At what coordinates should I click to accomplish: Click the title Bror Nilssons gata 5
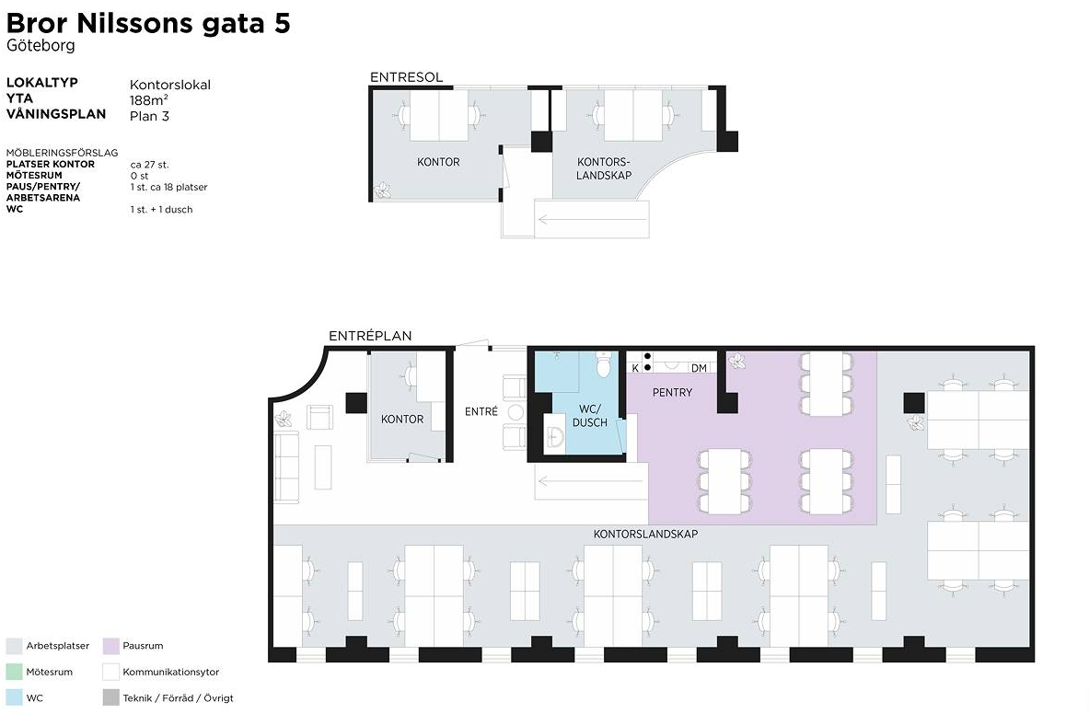[148, 23]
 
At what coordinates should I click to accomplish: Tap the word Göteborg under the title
[41, 46]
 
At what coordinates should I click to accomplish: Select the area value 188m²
[148, 100]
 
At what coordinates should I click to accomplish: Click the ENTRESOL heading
[406, 77]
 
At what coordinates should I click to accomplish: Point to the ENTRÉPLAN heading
[370, 336]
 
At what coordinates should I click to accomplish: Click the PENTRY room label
[672, 393]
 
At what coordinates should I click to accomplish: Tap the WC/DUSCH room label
[590, 416]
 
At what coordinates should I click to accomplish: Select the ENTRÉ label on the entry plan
[481, 411]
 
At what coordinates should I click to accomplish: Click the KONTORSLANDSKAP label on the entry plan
[645, 535]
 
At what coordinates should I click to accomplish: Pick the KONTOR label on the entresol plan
[438, 162]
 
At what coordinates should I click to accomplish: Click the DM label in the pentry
[699, 368]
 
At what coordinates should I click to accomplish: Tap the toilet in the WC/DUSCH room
[603, 363]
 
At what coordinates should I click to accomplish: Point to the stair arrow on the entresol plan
[593, 220]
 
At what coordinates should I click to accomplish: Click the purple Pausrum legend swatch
[111, 646]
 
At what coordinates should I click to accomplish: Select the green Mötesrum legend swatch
[15, 672]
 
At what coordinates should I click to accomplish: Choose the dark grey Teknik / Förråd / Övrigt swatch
[111, 698]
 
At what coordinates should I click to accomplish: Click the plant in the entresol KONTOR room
[383, 190]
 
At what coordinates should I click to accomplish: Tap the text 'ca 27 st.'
[149, 165]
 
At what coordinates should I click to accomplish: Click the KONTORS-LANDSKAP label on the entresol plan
[604, 168]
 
